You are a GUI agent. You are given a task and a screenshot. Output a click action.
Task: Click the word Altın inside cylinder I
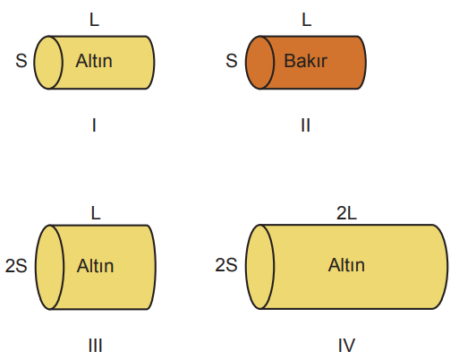(94, 61)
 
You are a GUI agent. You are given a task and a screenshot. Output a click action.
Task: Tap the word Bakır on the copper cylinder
(306, 61)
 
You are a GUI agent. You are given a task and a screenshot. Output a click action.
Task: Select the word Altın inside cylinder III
(95, 266)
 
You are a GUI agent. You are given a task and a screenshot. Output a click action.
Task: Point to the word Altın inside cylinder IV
(346, 265)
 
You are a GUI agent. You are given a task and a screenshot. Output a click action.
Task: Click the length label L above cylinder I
(94, 20)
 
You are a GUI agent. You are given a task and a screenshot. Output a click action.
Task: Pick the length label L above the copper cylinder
(307, 20)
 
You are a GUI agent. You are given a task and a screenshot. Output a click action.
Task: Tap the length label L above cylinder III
(96, 213)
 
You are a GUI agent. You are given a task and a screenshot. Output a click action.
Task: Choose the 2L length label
(346, 213)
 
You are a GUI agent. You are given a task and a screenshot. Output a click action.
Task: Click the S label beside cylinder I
(21, 61)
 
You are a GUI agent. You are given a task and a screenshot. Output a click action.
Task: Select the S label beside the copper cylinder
(232, 61)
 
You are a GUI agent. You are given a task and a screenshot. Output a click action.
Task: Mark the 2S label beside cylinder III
(16, 266)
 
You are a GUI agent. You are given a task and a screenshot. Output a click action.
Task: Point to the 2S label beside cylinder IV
(226, 265)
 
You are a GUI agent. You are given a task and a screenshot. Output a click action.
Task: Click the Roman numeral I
(94, 125)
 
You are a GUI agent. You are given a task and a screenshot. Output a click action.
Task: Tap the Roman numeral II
(305, 125)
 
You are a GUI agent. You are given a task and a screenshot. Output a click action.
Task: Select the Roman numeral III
(96, 346)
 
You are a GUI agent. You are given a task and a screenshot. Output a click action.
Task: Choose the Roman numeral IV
(346, 346)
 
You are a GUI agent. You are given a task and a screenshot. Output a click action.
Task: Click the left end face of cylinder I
(48, 63)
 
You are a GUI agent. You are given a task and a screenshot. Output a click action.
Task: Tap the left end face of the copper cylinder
(260, 63)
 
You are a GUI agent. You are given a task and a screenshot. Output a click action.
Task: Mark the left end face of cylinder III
(50, 267)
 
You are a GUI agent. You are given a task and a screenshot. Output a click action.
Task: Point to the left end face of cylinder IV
(260, 267)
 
